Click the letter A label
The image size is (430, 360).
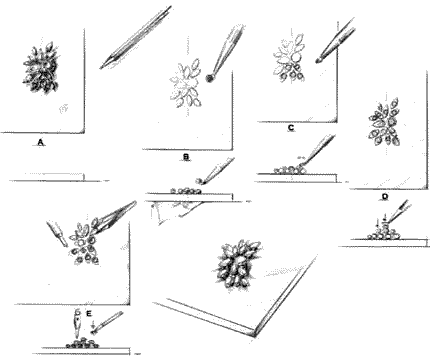41,143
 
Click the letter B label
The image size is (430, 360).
186,157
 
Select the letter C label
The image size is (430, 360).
291,128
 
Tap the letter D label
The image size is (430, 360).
385,197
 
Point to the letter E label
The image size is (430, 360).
89,313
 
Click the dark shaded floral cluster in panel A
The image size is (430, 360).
41,68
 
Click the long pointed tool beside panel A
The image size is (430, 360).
136,37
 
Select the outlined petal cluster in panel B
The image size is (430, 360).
185,83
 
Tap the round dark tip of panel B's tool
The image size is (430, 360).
210,78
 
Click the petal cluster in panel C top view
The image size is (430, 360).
289,58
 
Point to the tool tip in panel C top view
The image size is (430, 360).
318,61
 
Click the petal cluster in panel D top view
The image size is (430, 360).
385,122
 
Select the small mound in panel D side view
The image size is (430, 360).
385,233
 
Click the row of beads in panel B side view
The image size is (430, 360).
186,191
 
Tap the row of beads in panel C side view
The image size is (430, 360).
290,170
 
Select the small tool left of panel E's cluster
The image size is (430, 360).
58,233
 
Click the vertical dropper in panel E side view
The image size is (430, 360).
78,323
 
